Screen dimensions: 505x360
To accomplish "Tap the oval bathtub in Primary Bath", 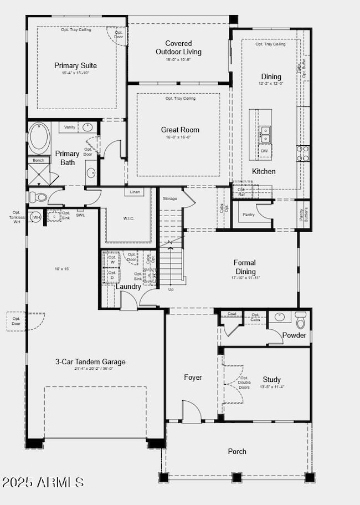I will [x=38, y=138].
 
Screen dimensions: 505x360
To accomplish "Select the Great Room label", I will [x=180, y=130].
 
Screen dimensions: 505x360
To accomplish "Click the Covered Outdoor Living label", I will [x=178, y=48].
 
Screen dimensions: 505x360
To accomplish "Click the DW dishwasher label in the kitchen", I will [x=265, y=151].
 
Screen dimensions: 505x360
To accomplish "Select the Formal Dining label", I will [x=245, y=267].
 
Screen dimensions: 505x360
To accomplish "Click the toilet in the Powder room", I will [x=300, y=320].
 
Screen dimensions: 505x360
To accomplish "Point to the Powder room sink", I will [x=280, y=317].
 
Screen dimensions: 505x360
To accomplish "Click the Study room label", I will [x=271, y=380].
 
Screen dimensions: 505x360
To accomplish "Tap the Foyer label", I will [x=193, y=378].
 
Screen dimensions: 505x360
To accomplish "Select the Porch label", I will [x=237, y=451].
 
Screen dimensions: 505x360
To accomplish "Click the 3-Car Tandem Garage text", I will [x=90, y=362].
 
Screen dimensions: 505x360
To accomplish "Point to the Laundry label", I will [x=128, y=286].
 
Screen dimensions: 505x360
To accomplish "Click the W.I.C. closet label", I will [x=128, y=218].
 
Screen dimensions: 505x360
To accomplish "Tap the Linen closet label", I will [x=135, y=192].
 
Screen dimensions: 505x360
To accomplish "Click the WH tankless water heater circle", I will [x=36, y=217].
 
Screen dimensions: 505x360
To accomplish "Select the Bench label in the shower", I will [x=38, y=160].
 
